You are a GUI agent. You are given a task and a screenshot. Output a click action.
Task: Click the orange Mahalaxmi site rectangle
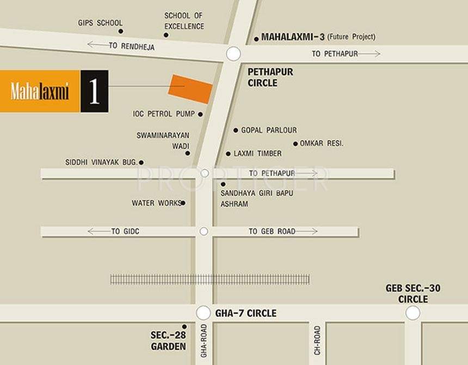point(190,88)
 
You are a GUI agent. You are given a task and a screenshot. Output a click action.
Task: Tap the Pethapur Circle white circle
point(233,53)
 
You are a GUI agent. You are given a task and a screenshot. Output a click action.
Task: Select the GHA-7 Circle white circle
point(203,313)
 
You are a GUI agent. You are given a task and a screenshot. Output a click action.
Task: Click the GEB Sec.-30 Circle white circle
point(412,313)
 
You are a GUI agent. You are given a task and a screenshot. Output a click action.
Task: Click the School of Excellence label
point(184,21)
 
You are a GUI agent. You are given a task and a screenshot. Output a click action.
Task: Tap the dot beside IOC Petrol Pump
point(200,114)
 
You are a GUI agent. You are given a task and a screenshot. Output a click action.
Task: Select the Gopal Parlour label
point(269,130)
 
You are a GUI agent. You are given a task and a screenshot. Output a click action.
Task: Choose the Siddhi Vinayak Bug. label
point(101,162)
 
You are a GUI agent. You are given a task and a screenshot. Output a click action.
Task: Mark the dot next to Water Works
point(183,203)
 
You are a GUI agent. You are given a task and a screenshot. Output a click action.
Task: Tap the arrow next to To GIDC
point(98,232)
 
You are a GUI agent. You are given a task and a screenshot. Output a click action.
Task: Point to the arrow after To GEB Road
point(307,232)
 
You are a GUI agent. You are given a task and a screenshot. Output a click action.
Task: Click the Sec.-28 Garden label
point(168,341)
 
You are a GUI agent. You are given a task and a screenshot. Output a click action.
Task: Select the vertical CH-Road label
point(317,340)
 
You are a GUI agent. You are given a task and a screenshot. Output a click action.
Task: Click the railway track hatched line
point(210,279)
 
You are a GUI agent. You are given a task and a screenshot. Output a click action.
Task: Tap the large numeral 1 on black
point(94,92)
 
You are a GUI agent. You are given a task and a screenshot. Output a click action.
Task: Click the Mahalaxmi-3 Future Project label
point(318,37)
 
